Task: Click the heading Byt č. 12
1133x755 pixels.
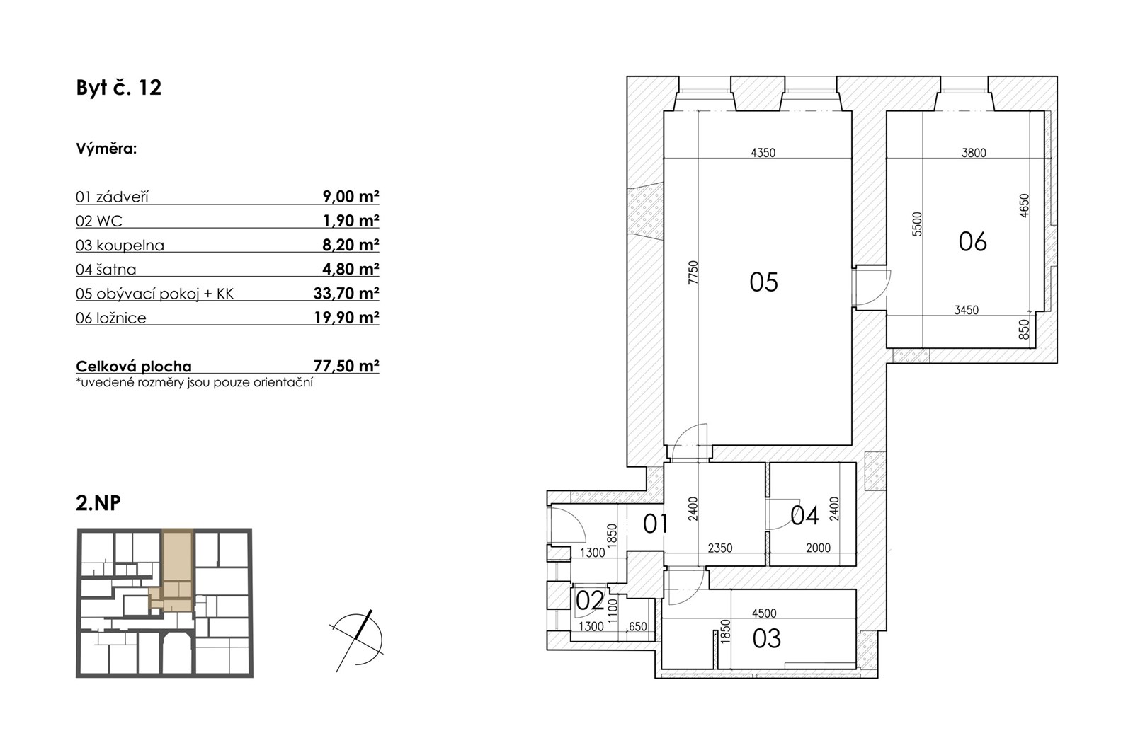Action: [119, 88]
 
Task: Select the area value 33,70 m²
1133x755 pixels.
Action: [346, 293]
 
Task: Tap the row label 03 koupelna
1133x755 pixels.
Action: [120, 246]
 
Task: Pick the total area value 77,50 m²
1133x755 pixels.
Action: [346, 366]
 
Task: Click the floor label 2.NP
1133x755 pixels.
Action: [98, 503]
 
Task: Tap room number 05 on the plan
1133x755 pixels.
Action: [764, 282]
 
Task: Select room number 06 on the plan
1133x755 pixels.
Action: [973, 241]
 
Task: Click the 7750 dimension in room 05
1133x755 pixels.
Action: [693, 272]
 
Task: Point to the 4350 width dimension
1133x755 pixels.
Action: [763, 153]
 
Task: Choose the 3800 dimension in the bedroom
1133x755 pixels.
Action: [974, 153]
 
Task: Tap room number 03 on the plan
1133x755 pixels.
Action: [767, 639]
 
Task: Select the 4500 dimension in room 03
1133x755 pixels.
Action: [764, 613]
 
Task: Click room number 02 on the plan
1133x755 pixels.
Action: [591, 601]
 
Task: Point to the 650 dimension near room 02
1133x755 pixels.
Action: [638, 627]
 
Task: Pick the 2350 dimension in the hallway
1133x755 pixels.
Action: [720, 548]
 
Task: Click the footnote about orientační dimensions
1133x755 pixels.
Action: [194, 382]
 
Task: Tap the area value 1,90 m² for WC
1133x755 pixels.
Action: [351, 221]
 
